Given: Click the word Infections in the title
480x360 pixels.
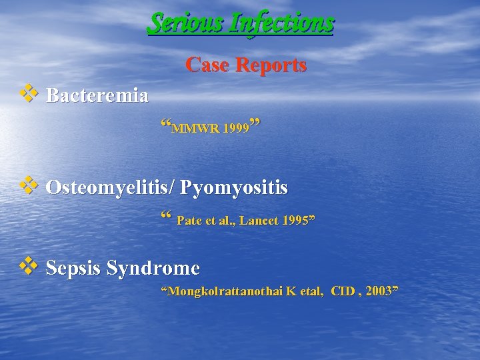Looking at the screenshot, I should point(280,23).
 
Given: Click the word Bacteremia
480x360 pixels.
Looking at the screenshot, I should point(97,96).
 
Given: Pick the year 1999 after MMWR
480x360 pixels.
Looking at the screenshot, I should point(237,127).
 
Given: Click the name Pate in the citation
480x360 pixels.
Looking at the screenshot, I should point(189,221).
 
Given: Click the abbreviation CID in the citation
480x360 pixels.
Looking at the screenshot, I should point(343,291).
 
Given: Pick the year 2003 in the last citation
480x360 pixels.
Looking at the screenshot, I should point(380,291).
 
